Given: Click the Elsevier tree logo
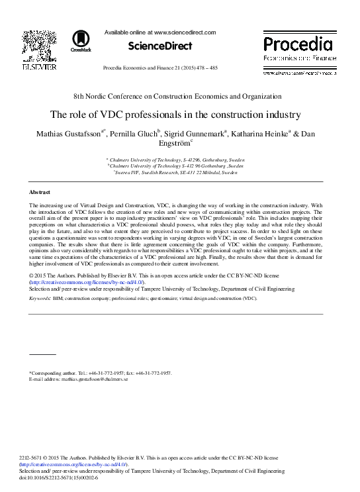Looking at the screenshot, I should (39, 46).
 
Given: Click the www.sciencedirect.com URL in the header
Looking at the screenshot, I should (185, 31).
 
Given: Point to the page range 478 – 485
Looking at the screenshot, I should (223, 68).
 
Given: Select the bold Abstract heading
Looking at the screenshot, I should (40, 192).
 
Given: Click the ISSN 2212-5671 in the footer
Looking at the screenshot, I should (36, 458).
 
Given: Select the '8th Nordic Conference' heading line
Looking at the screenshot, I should (180, 96).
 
